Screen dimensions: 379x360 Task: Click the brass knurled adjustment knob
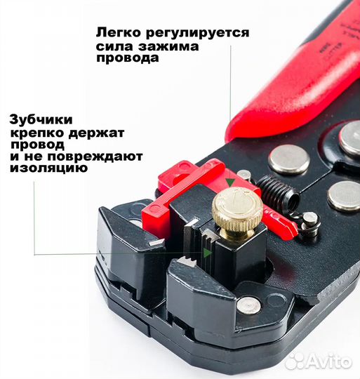237,210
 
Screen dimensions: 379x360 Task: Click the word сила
113,46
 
